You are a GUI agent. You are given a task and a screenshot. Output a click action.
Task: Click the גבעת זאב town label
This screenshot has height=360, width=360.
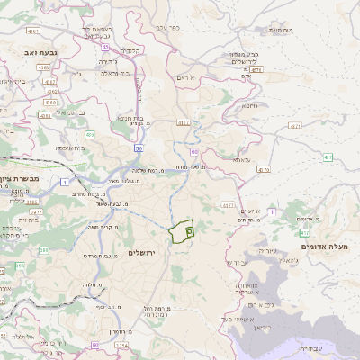(x=42, y=54)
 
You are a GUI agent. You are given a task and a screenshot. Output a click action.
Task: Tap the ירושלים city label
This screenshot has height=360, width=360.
(x=143, y=253)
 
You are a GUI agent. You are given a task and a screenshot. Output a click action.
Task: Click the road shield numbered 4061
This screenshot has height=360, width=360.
(x=32, y=31)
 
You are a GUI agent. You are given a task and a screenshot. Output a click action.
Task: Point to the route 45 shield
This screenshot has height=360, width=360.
(x=105, y=47)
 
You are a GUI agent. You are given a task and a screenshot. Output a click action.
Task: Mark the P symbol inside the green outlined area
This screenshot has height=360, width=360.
(x=190, y=230)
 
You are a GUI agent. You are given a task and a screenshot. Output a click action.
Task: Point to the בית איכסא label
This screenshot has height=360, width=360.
(x=71, y=148)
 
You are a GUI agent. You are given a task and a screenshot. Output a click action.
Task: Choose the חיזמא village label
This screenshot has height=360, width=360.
(x=249, y=105)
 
